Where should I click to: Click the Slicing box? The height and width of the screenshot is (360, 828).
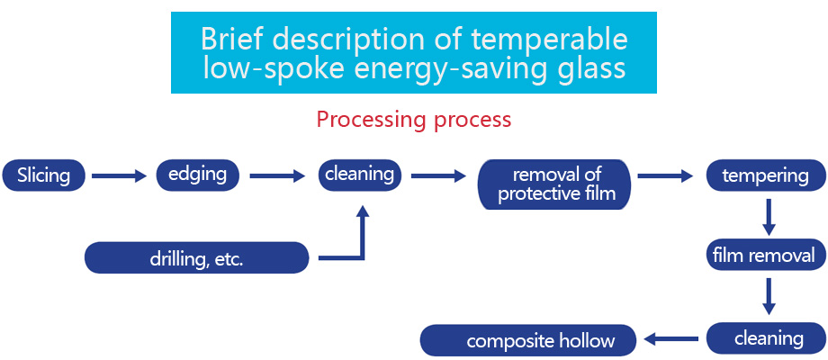(x=43, y=175)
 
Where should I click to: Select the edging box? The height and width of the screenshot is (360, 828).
(x=197, y=175)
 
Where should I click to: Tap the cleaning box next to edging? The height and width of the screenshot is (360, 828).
(x=360, y=175)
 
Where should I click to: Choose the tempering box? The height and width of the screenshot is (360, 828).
(x=765, y=175)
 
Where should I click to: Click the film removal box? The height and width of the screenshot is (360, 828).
(x=763, y=256)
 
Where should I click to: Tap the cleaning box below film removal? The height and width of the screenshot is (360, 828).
(x=768, y=338)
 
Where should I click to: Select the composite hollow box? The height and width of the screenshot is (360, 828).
(x=528, y=340)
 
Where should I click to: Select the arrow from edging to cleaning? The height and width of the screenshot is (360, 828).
(x=277, y=176)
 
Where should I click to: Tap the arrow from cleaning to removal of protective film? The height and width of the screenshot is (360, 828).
(x=438, y=176)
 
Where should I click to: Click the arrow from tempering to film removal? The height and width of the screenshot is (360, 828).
(x=768, y=215)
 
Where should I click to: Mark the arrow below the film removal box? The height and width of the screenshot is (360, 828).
(x=768, y=296)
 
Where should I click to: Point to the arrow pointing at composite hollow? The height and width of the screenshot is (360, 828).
(x=670, y=339)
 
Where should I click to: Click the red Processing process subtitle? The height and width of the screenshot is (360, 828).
(x=413, y=120)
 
